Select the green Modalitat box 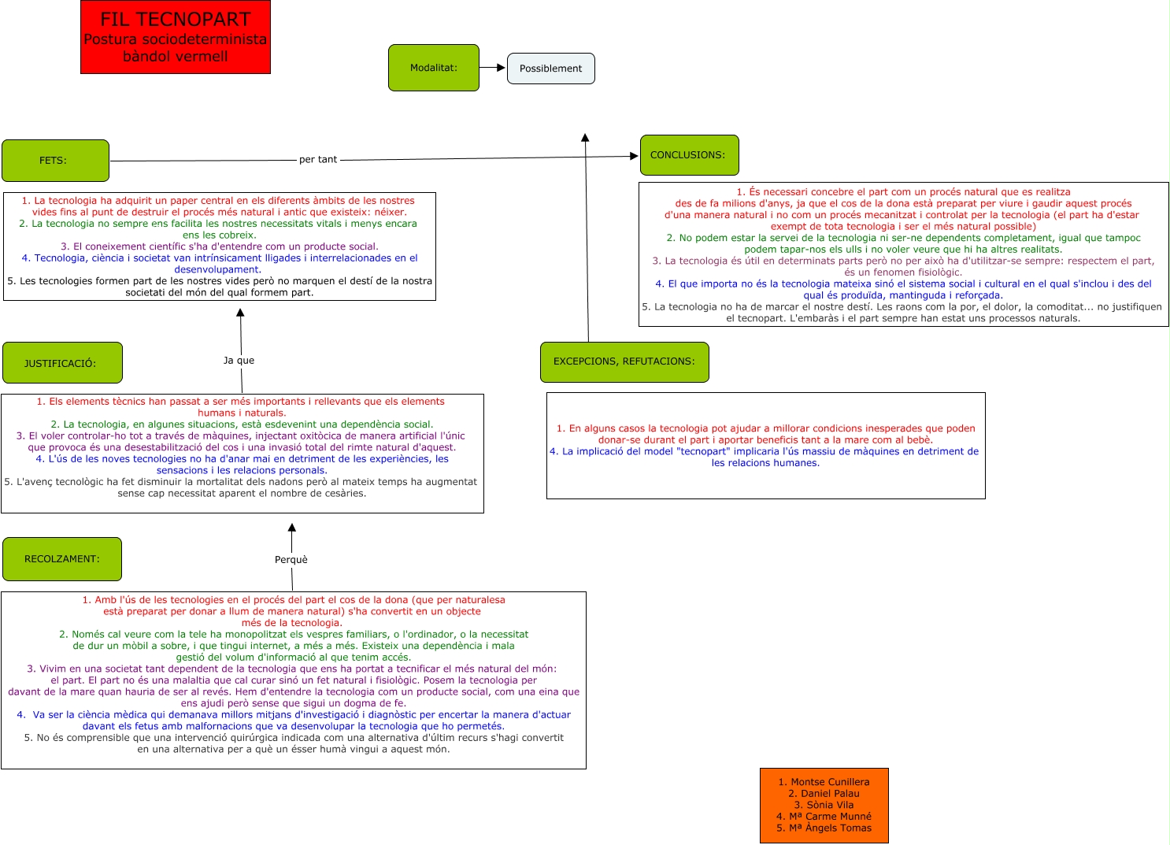pyautogui.click(x=433, y=68)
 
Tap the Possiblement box pyautogui.click(x=550, y=69)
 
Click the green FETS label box pyautogui.click(x=55, y=161)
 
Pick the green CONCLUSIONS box pyautogui.click(x=689, y=155)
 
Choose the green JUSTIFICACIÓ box pyautogui.click(x=62, y=363)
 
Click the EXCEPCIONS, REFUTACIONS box pyautogui.click(x=624, y=361)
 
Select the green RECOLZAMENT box pyautogui.click(x=62, y=559)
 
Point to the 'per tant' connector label pyautogui.click(x=318, y=160)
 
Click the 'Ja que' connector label pyautogui.click(x=239, y=361)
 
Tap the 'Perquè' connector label pyautogui.click(x=291, y=560)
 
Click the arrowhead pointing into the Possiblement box pyautogui.click(x=501, y=68)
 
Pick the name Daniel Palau pyautogui.click(x=824, y=794)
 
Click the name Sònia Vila pyautogui.click(x=824, y=805)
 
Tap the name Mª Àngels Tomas pyautogui.click(x=824, y=828)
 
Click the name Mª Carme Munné pyautogui.click(x=824, y=817)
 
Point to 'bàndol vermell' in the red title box pyautogui.click(x=176, y=57)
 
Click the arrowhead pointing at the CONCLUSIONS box pyautogui.click(x=634, y=156)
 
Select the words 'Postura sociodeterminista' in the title pyautogui.click(x=176, y=39)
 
